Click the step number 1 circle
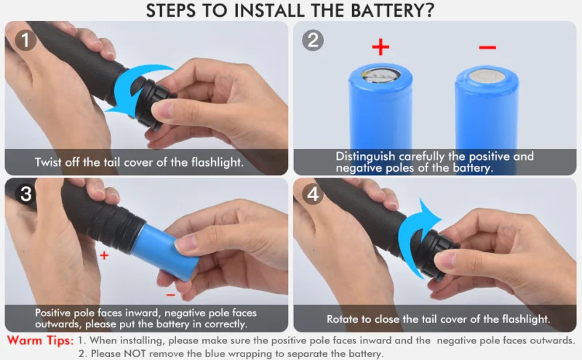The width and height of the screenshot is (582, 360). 25,40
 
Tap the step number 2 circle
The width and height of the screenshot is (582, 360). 313,40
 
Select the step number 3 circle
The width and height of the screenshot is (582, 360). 25,193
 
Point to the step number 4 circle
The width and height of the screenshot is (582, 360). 313,193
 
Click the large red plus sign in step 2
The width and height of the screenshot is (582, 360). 380,47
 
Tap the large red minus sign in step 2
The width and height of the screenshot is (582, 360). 487,47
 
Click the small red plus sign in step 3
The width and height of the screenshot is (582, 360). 104,255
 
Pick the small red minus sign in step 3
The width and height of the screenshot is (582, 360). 170,295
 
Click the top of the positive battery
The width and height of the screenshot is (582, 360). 380,76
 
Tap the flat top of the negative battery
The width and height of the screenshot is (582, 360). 487,77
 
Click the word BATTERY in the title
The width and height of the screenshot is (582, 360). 392,10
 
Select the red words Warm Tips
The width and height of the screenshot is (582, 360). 41,340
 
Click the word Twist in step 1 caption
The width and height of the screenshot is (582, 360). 48,162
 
